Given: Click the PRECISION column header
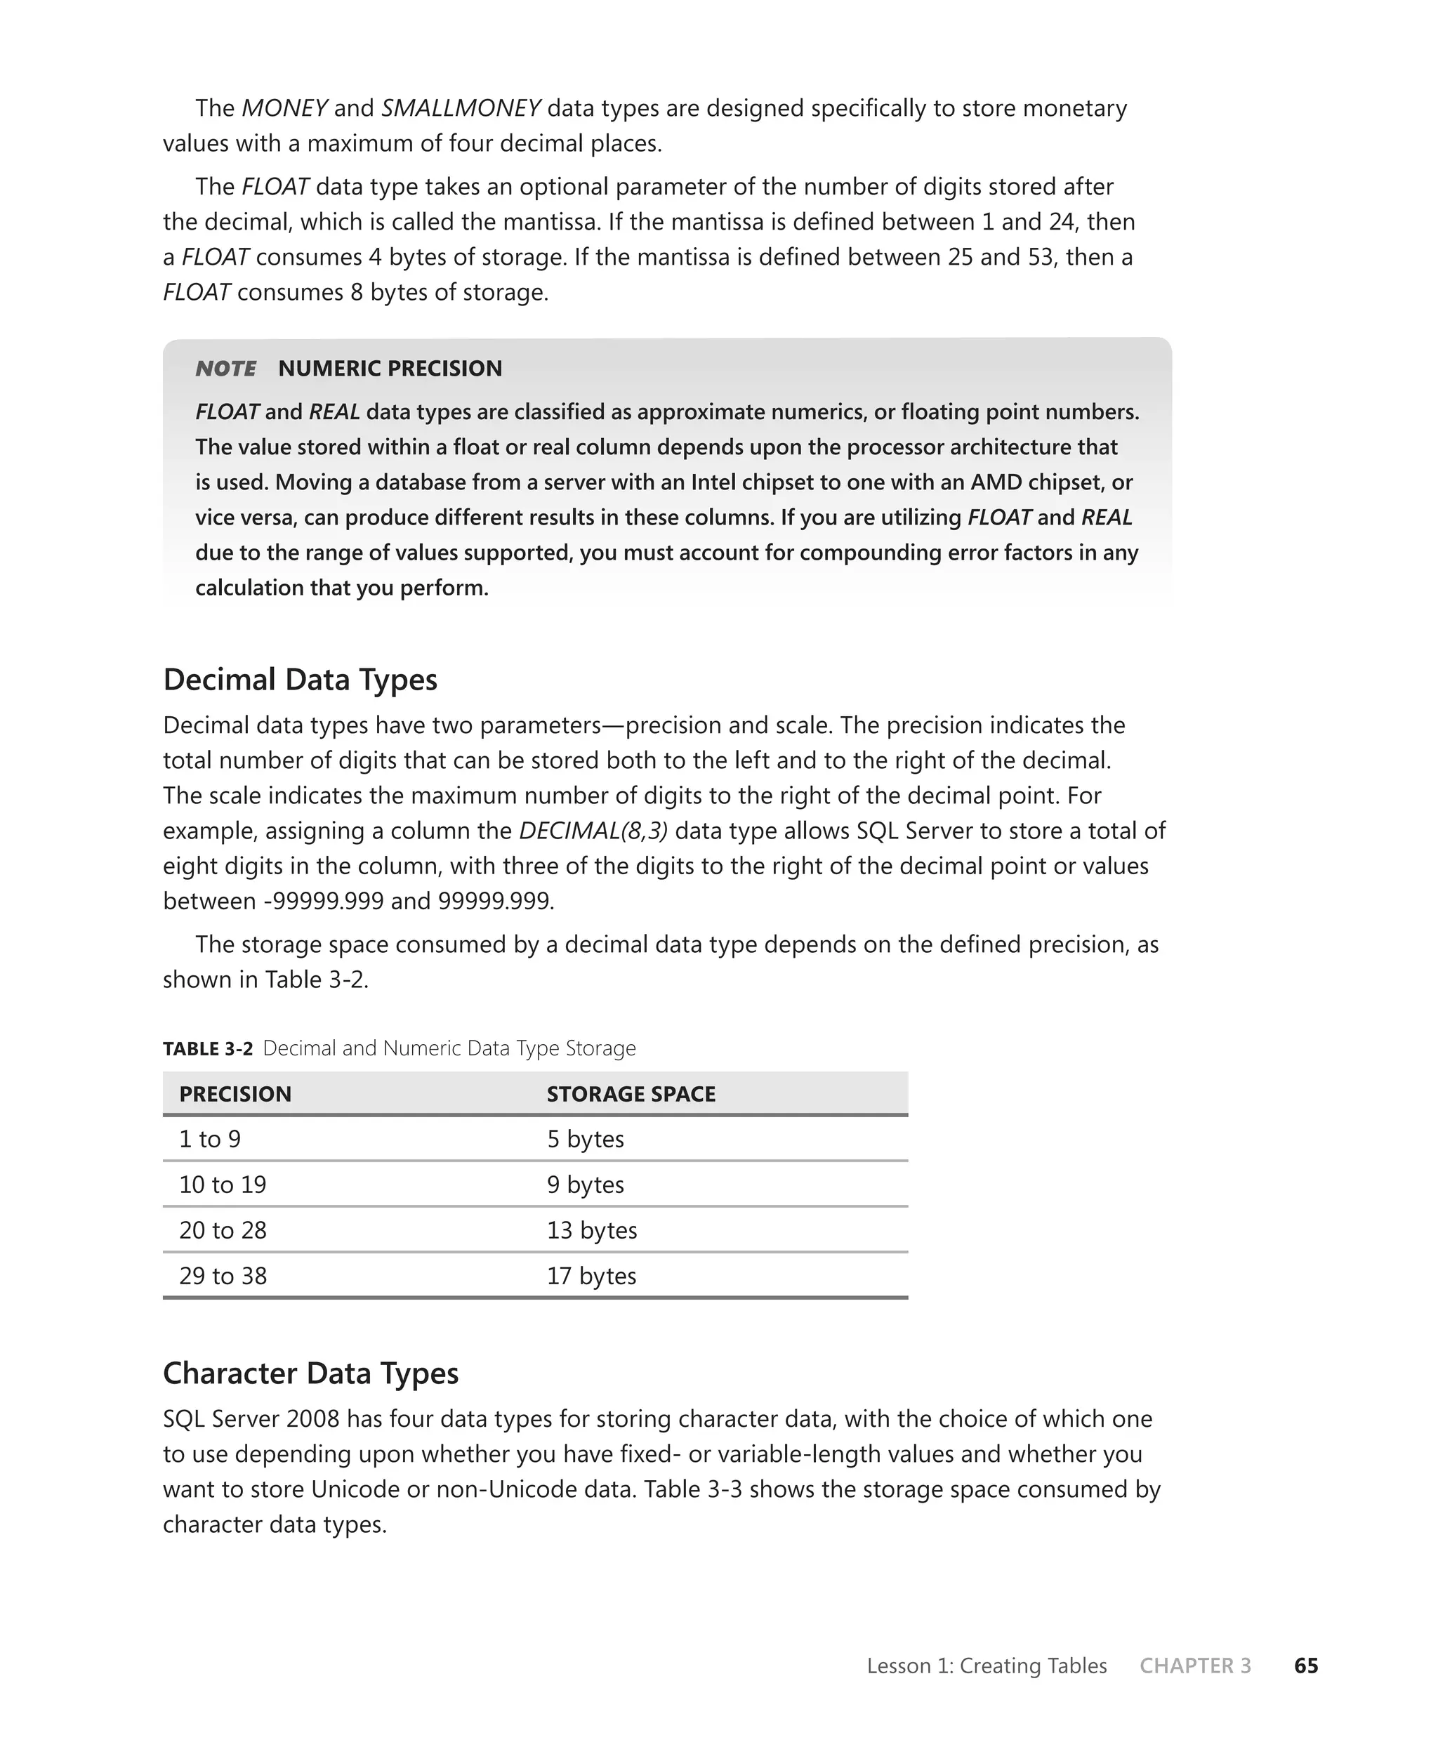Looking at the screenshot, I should coord(235,1094).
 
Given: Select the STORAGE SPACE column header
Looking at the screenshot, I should coord(631,1094).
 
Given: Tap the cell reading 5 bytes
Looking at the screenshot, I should coord(585,1139).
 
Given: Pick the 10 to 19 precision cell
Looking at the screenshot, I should coord(223,1185).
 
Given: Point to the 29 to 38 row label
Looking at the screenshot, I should coord(223,1275).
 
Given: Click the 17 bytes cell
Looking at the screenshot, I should coord(591,1275).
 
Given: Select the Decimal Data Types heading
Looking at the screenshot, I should coord(300,679).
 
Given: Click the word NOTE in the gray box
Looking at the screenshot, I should coord(225,369).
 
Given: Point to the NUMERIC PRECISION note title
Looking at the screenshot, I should coord(390,369).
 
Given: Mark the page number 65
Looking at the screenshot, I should coord(1305,1666).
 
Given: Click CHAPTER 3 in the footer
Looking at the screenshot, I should coord(1194,1666).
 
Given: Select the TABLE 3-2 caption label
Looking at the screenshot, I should coord(208,1048).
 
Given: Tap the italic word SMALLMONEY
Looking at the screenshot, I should coord(461,109).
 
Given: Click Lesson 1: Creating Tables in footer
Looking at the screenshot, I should coord(987,1666).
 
